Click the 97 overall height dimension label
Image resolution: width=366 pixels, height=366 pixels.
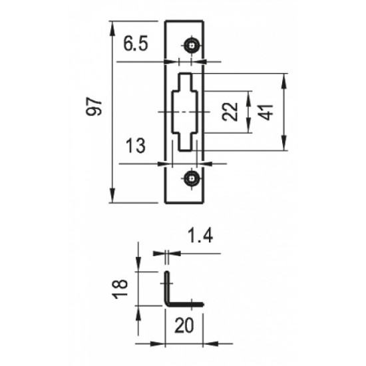(94, 106)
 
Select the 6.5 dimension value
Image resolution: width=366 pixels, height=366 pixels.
(136, 44)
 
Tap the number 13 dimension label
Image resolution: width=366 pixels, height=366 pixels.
(135, 146)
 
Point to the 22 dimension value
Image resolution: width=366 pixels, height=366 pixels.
(230, 112)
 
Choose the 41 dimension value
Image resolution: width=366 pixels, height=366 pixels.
(266, 112)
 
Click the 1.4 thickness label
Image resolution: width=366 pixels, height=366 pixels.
(200, 236)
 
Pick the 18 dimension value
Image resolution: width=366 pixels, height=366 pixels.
(120, 289)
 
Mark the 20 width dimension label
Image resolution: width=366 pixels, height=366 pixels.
(184, 325)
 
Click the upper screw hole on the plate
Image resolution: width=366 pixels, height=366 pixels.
(192, 46)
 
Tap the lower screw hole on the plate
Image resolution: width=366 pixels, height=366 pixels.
(192, 179)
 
